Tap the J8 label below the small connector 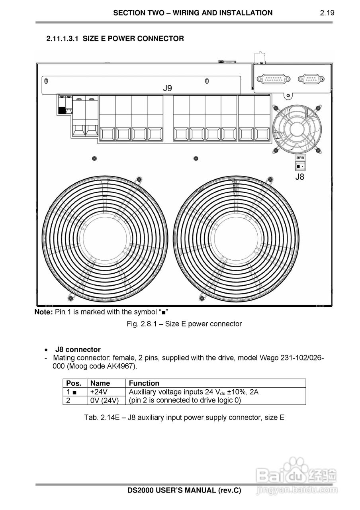click(299, 177)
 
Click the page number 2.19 click(327, 13)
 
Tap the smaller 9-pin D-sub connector click(312, 79)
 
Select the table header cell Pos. click(74, 383)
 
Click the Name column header click(100, 383)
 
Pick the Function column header click(144, 383)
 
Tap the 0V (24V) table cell click(104, 400)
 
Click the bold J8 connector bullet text click(78, 349)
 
